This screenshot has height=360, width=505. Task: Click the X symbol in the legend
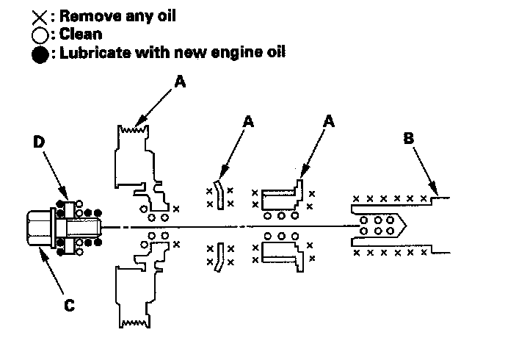[41, 16]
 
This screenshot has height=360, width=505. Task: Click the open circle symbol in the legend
[41, 35]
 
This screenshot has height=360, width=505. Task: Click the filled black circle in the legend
[41, 53]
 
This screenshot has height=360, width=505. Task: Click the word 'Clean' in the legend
[82, 33]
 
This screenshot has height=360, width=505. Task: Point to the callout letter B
[408, 137]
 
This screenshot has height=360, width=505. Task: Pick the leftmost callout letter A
[181, 84]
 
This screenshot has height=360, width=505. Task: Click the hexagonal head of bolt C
[37, 228]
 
